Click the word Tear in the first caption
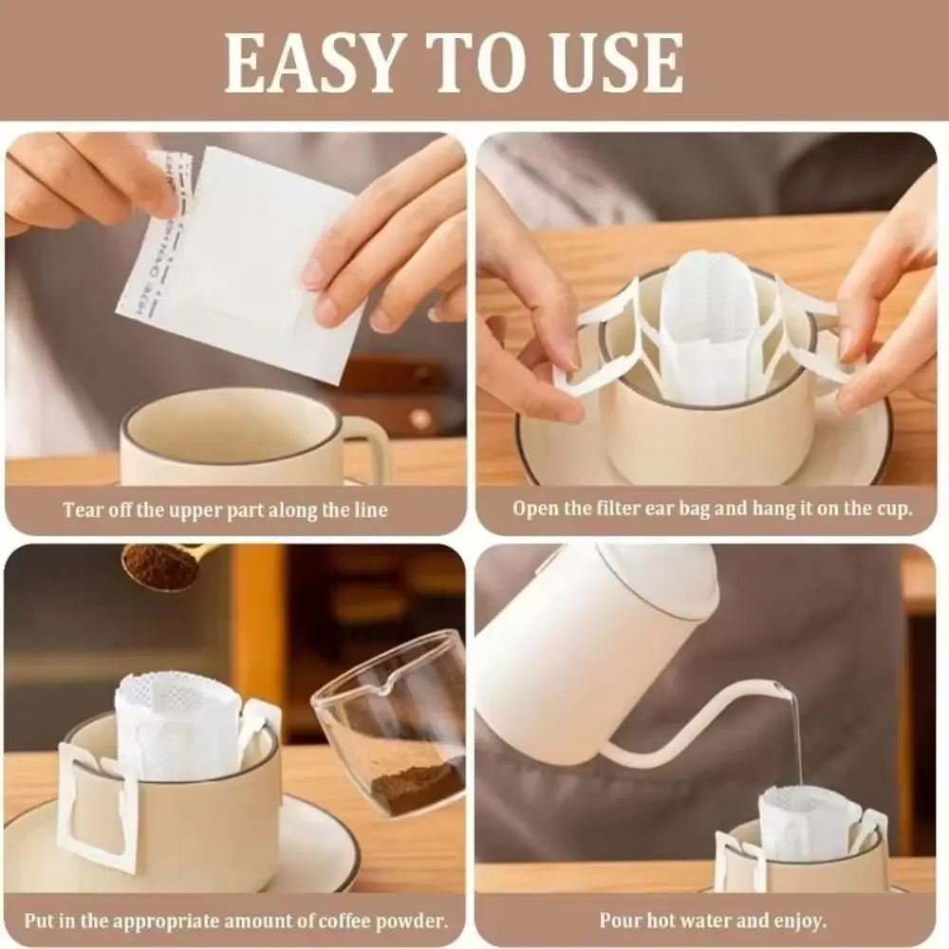[x=84, y=510]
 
